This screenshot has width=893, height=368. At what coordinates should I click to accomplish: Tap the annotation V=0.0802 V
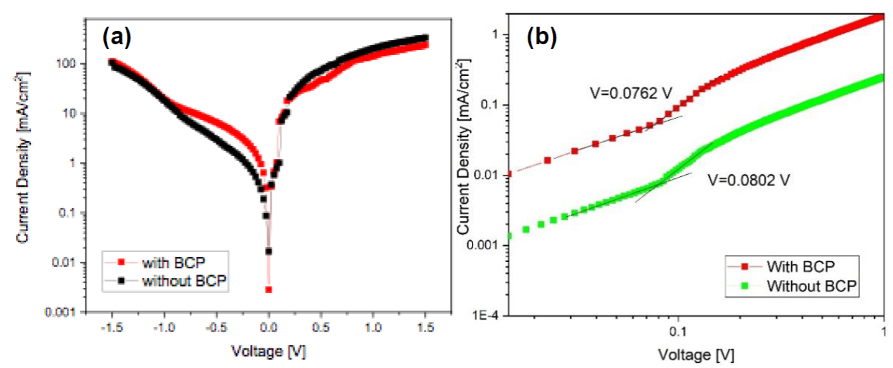point(751,180)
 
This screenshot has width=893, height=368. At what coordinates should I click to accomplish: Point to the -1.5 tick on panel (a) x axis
point(112,327)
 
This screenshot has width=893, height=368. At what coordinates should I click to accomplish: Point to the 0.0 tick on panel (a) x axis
point(268,327)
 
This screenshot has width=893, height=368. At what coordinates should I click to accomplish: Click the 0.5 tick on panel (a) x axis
point(321,327)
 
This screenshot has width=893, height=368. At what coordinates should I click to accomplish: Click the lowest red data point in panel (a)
point(268,289)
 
